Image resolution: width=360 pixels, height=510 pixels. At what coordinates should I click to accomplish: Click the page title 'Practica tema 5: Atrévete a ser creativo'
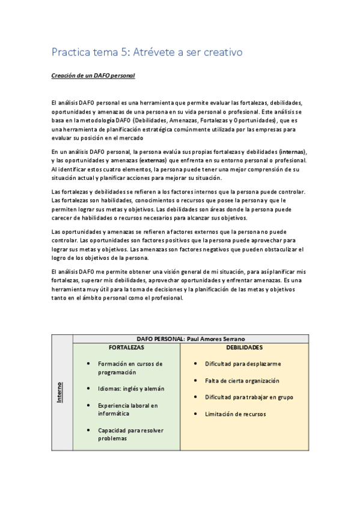pos(147,52)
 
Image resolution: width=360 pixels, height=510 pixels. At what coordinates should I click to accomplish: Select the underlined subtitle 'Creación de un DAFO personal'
pos(93,76)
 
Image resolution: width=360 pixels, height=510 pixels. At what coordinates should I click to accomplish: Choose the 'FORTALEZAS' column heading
pos(126,348)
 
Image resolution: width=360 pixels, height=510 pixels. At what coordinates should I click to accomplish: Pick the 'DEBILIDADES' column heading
pos(244,348)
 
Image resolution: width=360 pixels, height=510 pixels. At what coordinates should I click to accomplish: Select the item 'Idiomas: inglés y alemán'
pos(130,389)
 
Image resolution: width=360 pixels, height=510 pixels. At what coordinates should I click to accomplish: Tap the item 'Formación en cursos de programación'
pos(130,368)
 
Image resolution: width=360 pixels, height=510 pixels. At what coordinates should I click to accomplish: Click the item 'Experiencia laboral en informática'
pos(127,410)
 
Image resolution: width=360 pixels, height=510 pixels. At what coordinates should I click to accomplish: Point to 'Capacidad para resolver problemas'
pos(130,434)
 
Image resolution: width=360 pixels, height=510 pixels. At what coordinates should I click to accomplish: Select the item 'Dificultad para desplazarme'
pos(242,364)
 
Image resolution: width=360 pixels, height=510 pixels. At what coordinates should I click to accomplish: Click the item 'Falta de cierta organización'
pos(242,381)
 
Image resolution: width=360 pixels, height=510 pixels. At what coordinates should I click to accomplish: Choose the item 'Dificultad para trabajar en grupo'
pos(249,397)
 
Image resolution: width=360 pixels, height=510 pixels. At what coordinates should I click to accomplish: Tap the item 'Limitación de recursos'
pos(235,414)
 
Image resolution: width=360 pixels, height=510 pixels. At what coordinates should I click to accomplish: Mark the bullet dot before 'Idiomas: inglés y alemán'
pos(89,389)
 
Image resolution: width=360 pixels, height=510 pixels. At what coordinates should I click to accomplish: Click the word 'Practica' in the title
pos(69,52)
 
